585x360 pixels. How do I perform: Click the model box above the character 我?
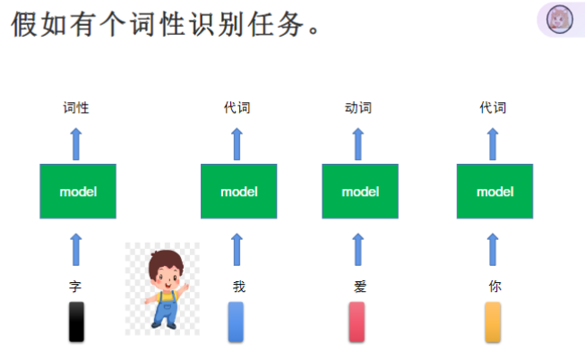(x=238, y=191)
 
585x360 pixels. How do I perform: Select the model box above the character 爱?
(x=360, y=191)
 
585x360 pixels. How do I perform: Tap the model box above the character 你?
(x=495, y=191)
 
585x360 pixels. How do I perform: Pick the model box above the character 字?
(x=78, y=191)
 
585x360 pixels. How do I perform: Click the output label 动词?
(x=358, y=108)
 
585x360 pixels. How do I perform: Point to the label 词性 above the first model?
(x=76, y=108)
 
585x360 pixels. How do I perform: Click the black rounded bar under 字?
(x=77, y=321)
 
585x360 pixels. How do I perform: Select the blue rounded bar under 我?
(x=236, y=321)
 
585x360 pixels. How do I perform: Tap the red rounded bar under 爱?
(x=357, y=321)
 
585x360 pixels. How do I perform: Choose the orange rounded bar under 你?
(x=493, y=321)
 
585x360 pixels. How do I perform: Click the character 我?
(x=238, y=287)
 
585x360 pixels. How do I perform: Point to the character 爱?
(x=360, y=287)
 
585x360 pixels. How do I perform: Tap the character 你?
(x=495, y=287)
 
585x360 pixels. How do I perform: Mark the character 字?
(x=75, y=287)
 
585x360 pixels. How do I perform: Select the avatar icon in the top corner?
(x=560, y=20)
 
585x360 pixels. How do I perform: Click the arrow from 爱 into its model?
(x=358, y=249)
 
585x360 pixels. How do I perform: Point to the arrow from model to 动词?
(x=358, y=143)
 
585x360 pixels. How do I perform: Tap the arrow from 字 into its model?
(x=76, y=249)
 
